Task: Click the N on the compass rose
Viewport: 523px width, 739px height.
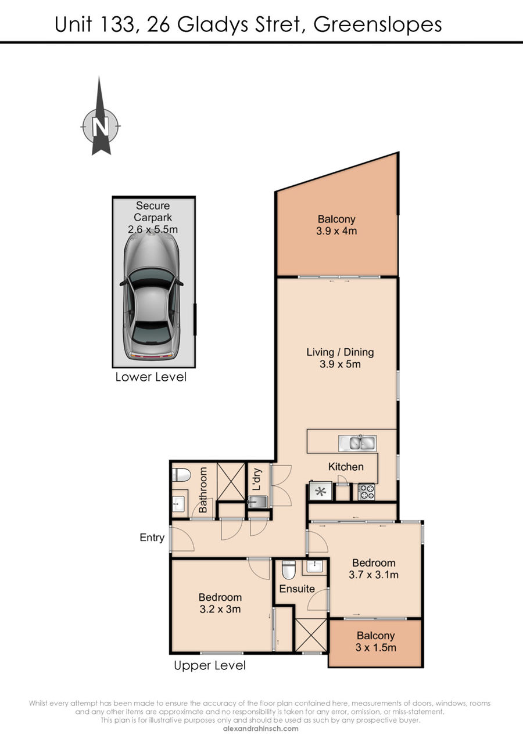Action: (101, 127)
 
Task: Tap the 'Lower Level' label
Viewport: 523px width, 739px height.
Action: (151, 377)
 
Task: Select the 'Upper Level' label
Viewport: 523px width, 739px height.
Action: (210, 665)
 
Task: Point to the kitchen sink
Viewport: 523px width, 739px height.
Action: (357, 443)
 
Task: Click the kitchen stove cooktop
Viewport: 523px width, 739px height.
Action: (367, 492)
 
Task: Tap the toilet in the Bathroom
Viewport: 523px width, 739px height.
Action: (181, 475)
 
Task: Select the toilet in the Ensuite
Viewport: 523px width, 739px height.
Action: (289, 569)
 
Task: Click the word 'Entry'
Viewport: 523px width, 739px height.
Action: (152, 538)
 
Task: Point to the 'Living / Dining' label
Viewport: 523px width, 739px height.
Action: (340, 352)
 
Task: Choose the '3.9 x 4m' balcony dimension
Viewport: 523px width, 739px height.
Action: (336, 231)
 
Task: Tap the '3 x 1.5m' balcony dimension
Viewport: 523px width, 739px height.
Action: (376, 647)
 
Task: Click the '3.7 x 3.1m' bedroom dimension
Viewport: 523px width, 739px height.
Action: (374, 574)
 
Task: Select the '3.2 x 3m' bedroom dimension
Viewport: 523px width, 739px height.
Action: (220, 609)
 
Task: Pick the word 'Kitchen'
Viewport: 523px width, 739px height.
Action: (346, 467)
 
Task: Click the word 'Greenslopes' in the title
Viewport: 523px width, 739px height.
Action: (377, 26)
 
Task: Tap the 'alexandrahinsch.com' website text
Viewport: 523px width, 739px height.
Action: (261, 729)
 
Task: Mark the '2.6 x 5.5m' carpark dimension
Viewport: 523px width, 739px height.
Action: (152, 229)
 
